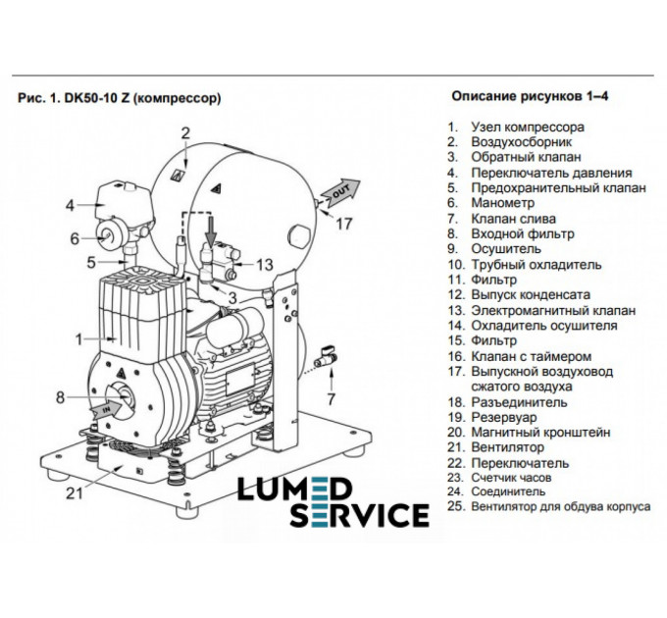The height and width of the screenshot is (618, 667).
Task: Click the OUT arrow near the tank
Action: pos(340,191)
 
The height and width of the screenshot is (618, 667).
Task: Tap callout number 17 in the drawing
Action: pos(344,224)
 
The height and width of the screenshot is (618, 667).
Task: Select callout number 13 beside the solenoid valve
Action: pos(264,265)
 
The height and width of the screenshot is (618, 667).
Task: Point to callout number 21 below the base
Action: pos(74,493)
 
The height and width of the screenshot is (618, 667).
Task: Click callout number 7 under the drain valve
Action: pos(332,399)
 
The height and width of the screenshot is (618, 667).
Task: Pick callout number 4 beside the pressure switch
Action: pos(70,205)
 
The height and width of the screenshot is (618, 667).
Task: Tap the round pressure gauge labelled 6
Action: pos(105,234)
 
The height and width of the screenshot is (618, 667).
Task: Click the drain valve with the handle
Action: pos(326,358)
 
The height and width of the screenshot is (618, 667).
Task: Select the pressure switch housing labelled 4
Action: pos(122,205)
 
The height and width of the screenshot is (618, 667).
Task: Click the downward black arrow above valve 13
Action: pos(212,232)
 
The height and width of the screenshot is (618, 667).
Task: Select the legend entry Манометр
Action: pos(502,203)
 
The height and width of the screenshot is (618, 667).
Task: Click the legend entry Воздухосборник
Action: pos(521,141)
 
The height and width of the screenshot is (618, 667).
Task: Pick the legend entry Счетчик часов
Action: pos(511,478)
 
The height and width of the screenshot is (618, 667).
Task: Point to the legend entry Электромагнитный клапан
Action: pos(553,311)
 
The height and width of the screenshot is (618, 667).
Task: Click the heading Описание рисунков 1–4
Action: pos(530,96)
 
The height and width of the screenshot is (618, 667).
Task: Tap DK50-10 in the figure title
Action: pos(90,98)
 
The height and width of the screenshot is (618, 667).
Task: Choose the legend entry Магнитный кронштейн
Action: pos(540,433)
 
